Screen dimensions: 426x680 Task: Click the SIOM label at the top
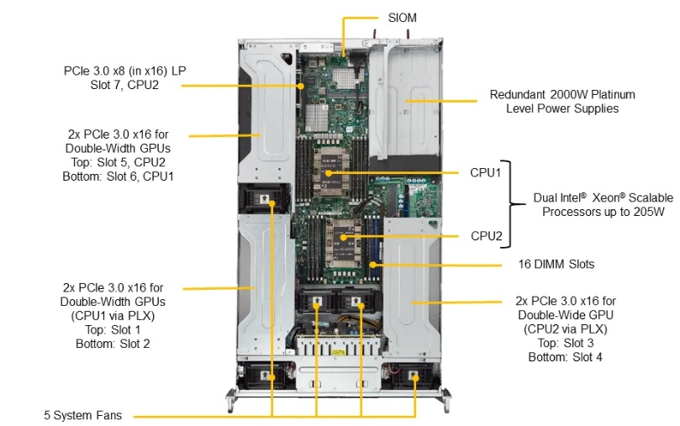403,18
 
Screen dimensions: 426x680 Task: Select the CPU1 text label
485,172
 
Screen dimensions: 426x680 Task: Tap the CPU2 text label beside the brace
485,237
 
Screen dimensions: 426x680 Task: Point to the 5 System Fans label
82,415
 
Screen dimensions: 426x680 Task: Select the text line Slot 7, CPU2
124,85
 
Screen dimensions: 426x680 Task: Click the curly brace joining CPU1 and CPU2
512,204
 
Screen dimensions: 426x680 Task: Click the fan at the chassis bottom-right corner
412,376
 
